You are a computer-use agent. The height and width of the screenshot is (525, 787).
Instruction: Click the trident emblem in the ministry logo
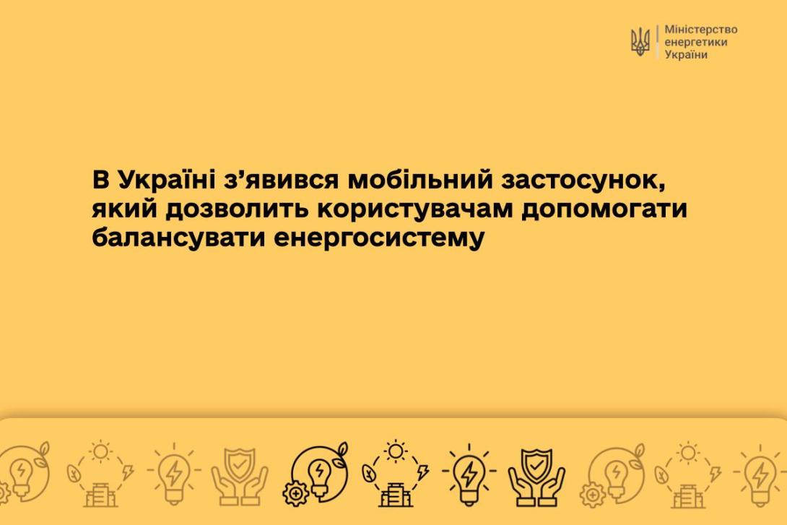(x=640, y=42)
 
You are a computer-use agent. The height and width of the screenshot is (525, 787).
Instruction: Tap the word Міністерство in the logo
(x=701, y=30)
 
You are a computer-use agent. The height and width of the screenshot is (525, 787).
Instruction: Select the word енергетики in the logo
(x=695, y=43)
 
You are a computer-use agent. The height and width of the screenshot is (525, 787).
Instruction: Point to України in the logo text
(x=686, y=55)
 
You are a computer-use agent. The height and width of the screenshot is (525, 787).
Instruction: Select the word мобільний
(x=421, y=180)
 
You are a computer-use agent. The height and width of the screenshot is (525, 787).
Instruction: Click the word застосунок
(x=583, y=181)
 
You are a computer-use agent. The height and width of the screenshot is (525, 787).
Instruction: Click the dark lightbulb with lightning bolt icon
(x=469, y=474)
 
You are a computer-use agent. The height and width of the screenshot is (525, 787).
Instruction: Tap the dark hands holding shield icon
(x=536, y=477)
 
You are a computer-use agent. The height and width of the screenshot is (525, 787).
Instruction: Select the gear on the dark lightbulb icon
(x=295, y=493)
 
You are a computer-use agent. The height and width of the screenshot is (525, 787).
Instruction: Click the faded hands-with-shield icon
(x=240, y=477)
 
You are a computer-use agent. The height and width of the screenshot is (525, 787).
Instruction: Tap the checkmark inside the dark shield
(x=536, y=467)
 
